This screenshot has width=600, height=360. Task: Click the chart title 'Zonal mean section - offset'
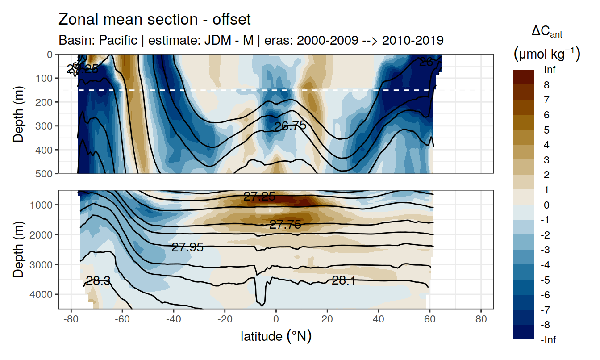pyautogui.click(x=154, y=19)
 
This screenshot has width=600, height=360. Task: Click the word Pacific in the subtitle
pyautogui.click(x=118, y=40)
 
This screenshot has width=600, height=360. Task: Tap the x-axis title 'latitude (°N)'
pyautogui.click(x=276, y=335)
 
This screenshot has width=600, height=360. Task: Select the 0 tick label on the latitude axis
pyautogui.click(x=276, y=320)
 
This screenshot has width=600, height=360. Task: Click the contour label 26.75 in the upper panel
pyautogui.click(x=290, y=126)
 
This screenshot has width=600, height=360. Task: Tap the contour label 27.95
pyautogui.click(x=187, y=247)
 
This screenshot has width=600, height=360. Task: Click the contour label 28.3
pyautogui.click(x=98, y=281)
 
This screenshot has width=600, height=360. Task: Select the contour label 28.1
pyautogui.click(x=343, y=280)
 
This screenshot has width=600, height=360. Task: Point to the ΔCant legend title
pyautogui.click(x=546, y=32)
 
